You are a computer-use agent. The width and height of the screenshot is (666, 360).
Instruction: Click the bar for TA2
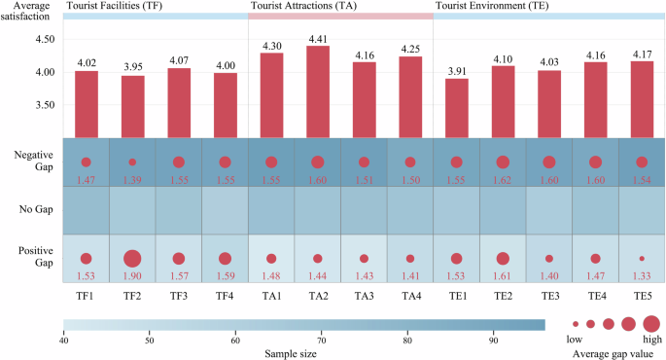317,91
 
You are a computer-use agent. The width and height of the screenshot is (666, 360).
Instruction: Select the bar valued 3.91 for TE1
456,108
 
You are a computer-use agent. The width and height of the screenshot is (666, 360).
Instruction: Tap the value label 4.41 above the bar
317,40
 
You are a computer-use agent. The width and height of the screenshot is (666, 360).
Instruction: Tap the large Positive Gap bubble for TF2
132,259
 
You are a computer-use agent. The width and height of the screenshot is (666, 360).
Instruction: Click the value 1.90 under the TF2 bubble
132,277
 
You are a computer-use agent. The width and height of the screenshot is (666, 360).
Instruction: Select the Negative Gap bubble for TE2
503,162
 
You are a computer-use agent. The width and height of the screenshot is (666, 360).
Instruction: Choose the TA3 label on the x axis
364,295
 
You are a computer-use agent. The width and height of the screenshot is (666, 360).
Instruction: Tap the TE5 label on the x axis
642,295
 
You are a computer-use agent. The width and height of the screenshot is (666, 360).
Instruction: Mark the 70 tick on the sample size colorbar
322,340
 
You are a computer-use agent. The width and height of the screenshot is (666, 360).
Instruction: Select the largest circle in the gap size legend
650,323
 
